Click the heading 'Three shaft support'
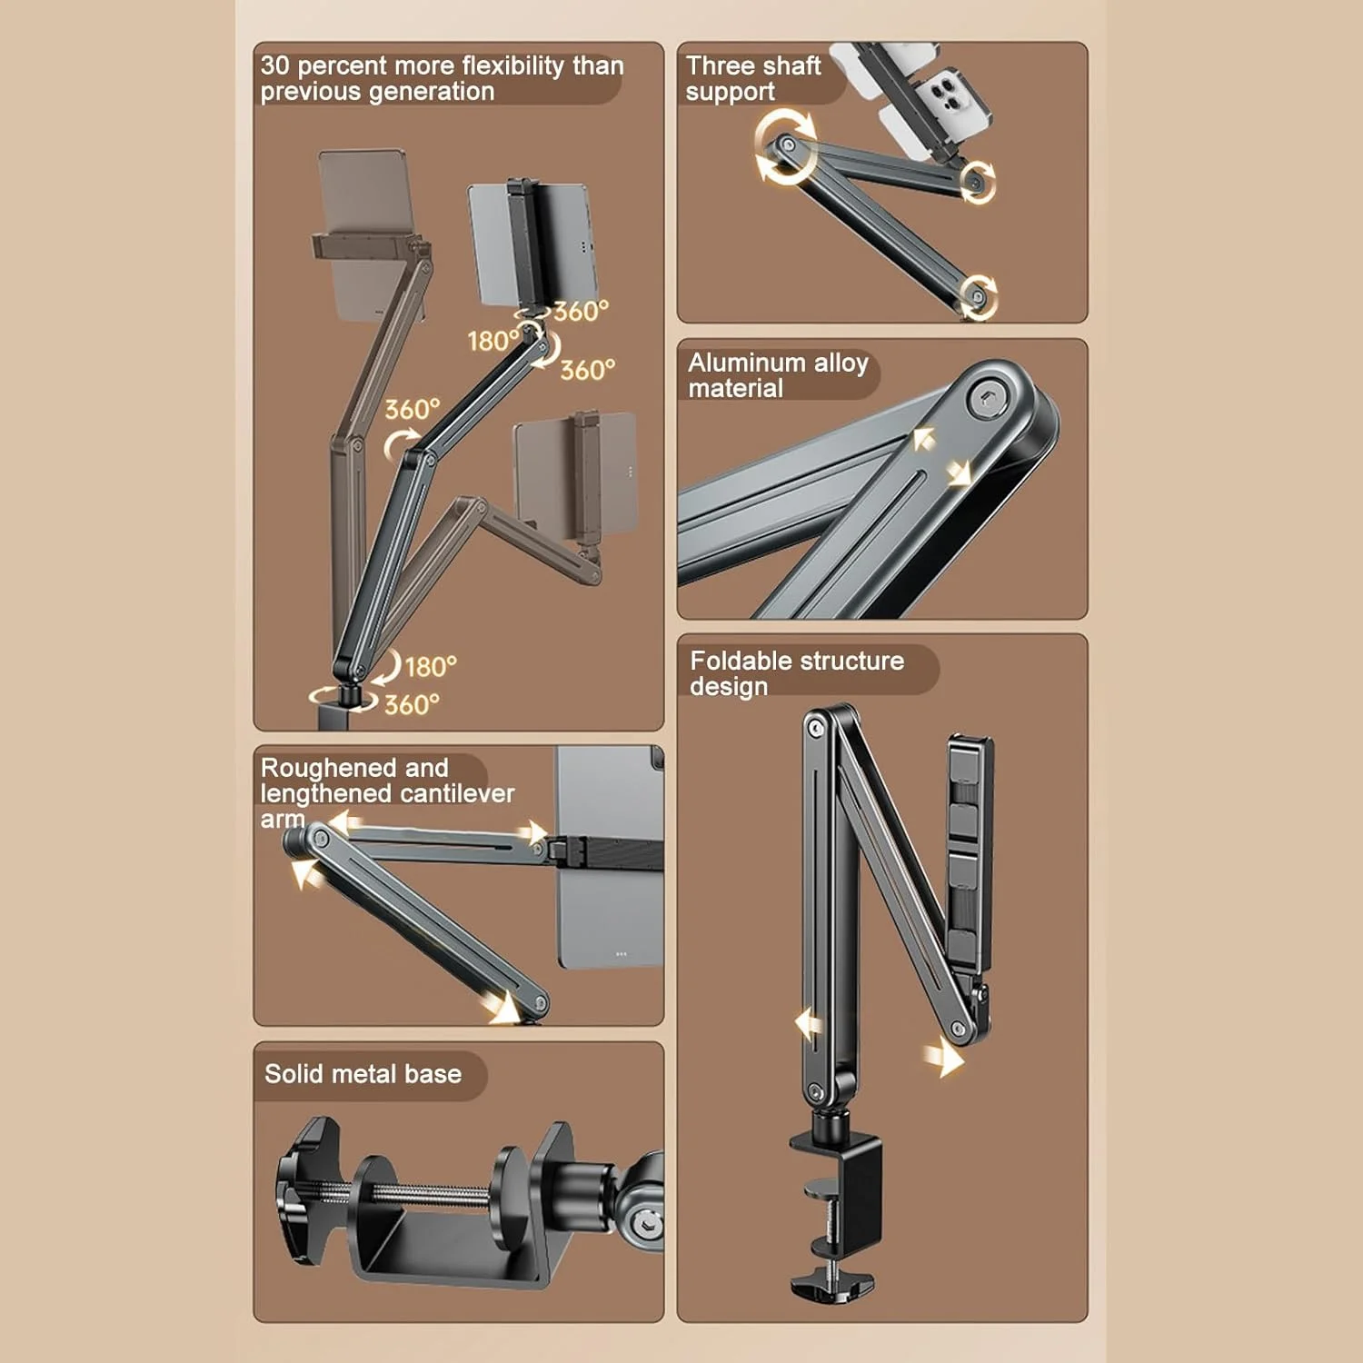pyautogui.click(x=753, y=78)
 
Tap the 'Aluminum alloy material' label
pyautogui.click(x=778, y=375)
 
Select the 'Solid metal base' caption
pyautogui.click(x=363, y=1074)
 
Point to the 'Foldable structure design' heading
pyautogui.click(x=797, y=673)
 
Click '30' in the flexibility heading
pyautogui.click(x=274, y=65)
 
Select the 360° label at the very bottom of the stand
pyautogui.click(x=412, y=704)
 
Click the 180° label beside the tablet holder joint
pyautogui.click(x=493, y=341)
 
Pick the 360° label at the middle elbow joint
pyautogui.click(x=413, y=409)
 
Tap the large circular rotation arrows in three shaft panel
pyautogui.click(x=784, y=145)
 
